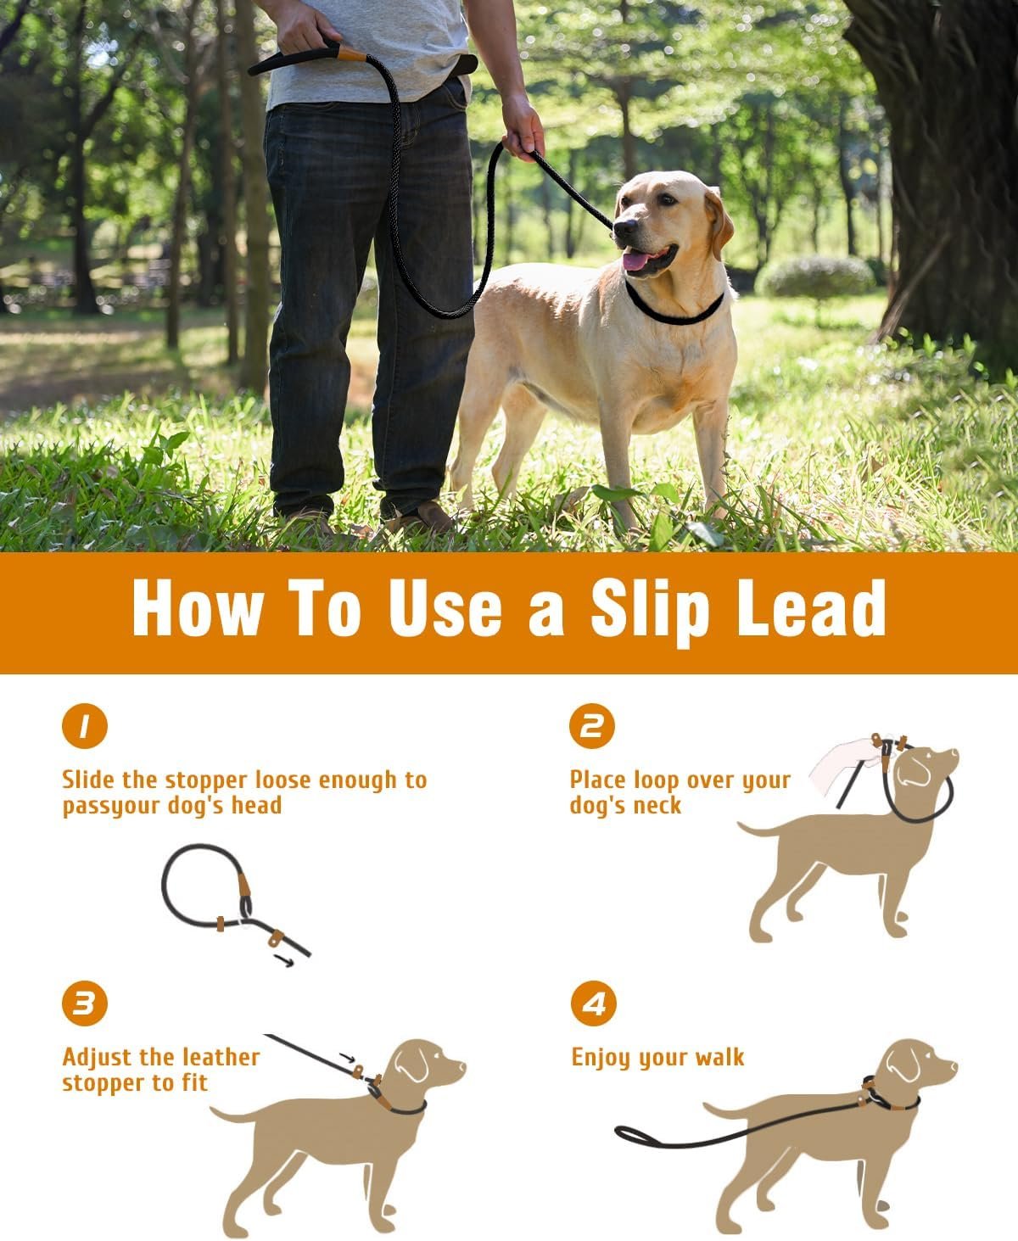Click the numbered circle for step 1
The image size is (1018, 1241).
[85, 725]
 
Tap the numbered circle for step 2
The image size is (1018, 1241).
[592, 725]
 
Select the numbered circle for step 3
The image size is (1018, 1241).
[85, 1003]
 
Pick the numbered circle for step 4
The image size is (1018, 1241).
[593, 1003]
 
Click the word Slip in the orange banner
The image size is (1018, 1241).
[650, 610]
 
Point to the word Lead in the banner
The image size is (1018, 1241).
[811, 607]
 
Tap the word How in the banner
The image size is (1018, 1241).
[198, 607]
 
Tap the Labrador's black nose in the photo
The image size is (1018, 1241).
[625, 226]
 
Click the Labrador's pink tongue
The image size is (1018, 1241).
[636, 260]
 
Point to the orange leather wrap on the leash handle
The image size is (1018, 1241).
[352, 54]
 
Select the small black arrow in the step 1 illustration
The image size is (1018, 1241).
[284, 960]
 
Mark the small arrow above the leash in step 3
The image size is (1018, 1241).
[348, 1058]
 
